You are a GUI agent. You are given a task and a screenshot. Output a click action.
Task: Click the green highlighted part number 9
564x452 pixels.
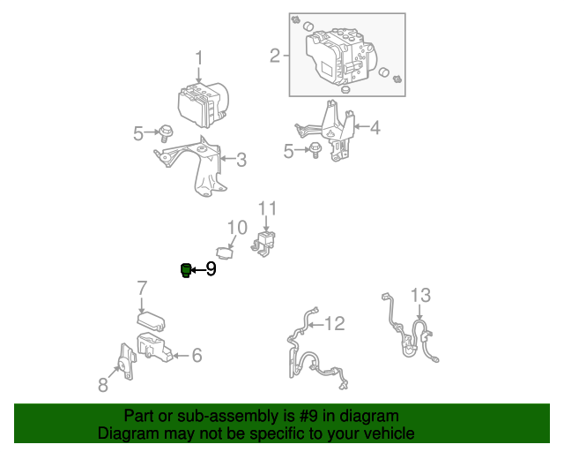186,270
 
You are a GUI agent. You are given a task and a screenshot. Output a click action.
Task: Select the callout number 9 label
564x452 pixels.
211,269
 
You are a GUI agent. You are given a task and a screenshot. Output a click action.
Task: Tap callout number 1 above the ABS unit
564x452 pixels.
199,58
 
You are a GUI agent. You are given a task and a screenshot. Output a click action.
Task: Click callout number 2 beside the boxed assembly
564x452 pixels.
275,56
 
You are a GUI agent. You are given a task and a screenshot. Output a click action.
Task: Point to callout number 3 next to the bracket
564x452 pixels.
241,160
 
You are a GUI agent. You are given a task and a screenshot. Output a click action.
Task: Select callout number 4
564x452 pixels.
375,128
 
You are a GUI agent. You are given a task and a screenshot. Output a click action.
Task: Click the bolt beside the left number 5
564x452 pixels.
166,133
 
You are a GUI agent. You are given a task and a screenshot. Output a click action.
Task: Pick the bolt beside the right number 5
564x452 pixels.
315,150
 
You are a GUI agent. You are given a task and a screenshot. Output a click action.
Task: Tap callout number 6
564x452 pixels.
197,356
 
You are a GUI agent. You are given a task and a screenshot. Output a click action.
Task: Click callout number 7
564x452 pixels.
143,288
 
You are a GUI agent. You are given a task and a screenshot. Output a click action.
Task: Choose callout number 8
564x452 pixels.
103,385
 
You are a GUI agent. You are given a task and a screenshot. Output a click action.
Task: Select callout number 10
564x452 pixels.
237,228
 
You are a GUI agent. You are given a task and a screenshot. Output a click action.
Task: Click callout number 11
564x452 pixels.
268,208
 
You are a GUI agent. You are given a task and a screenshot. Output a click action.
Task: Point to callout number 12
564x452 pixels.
335,323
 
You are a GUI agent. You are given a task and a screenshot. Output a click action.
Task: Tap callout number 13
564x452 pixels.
420,295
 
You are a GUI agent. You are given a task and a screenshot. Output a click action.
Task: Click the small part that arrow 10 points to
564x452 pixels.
225,252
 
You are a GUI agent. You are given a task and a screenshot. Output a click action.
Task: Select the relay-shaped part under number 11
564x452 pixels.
263,244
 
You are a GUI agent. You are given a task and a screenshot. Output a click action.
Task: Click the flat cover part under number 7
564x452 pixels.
151,321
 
